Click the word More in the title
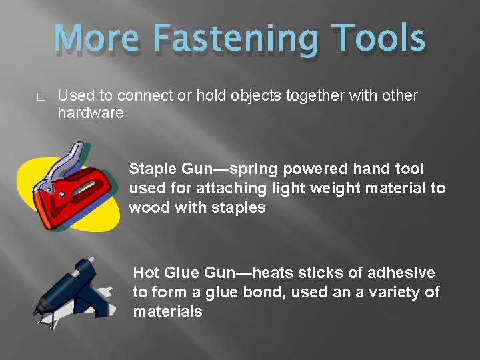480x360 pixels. click(x=102, y=38)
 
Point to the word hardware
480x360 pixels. click(x=91, y=113)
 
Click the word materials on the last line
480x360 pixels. click(x=167, y=311)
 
